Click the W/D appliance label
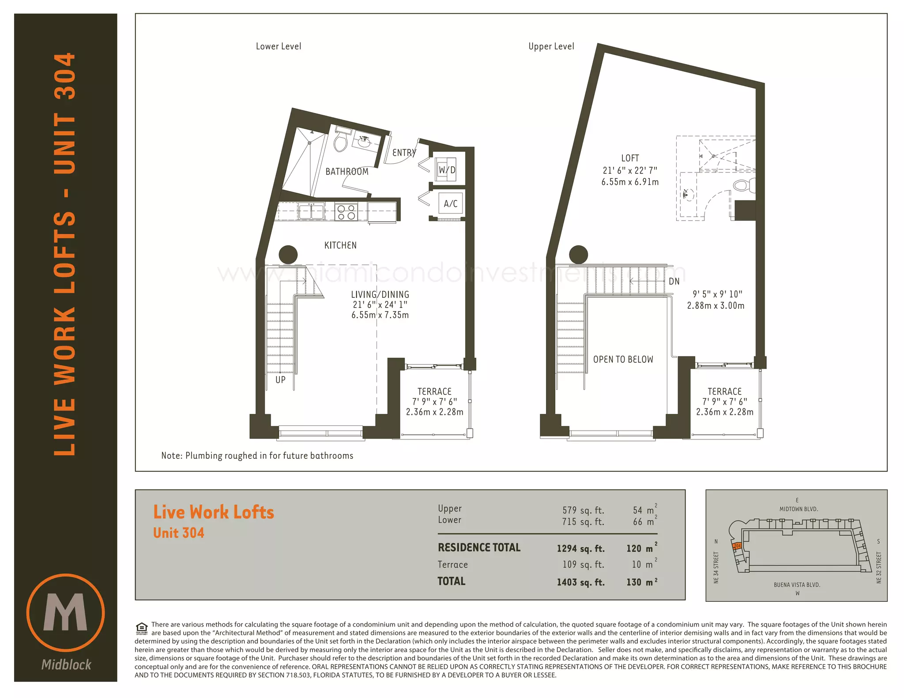pos(447,170)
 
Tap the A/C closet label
pos(451,203)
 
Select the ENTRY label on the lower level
pos(404,153)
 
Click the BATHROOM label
pos(347,172)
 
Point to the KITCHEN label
pos(340,245)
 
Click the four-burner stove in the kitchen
pos(346,212)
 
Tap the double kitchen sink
pos(311,211)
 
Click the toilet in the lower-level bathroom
pos(341,139)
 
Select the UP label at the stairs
pos(280,379)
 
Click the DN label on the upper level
pos(674,281)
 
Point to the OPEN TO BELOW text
pos(623,360)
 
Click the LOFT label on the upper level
pos(630,158)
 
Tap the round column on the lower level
pos(288,255)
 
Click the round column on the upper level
pos(579,255)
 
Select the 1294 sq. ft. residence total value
pos(580,548)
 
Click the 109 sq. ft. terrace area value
pos(583,565)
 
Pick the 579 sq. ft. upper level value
pos(583,510)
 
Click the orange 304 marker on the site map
pos(737,546)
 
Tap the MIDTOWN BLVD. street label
pos(799,509)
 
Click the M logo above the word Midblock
pos(65,612)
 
